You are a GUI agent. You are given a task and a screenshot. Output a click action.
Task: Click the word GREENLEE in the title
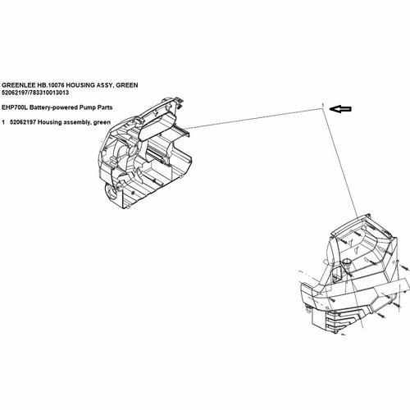(x=18, y=85)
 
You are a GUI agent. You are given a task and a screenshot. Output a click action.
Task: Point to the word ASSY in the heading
(x=105, y=85)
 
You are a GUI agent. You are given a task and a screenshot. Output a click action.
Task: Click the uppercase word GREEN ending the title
(x=127, y=85)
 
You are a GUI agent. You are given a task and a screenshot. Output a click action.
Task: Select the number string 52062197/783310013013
(x=35, y=93)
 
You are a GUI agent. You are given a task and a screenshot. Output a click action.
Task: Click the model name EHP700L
(x=15, y=107)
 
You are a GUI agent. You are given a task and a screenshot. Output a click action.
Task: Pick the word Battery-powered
(x=54, y=107)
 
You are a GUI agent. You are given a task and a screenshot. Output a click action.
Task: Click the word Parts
(x=105, y=107)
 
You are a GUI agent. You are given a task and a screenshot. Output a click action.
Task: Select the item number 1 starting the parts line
(x=3, y=122)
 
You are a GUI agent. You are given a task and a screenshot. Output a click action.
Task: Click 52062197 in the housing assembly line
(x=23, y=122)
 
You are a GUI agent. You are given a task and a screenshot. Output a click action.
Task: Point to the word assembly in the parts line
(x=77, y=122)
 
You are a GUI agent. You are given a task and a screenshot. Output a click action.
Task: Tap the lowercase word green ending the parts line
(x=102, y=123)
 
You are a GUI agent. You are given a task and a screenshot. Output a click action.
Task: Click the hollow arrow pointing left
(x=340, y=109)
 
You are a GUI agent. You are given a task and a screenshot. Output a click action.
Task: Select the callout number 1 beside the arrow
(x=323, y=105)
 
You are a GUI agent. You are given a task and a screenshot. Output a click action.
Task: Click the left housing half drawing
(x=144, y=153)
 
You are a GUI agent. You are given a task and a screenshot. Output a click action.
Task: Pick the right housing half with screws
(x=354, y=273)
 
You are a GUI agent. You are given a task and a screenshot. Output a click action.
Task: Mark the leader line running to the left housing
(x=253, y=118)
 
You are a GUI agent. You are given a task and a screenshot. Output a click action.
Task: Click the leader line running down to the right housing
(x=340, y=162)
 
